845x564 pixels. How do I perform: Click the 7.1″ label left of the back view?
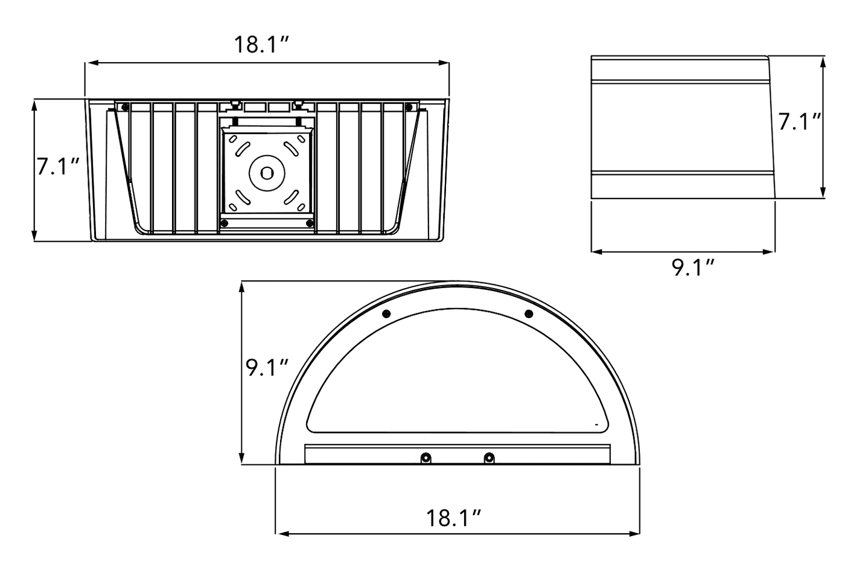(x=59, y=166)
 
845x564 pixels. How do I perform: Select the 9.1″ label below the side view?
(x=694, y=267)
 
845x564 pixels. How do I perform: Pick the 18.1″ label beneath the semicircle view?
(x=454, y=518)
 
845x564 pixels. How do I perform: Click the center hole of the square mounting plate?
(x=266, y=173)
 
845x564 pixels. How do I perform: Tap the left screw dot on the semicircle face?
(x=386, y=313)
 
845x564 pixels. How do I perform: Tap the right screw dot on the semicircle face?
(x=529, y=313)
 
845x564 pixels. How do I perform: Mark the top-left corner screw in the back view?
(x=124, y=107)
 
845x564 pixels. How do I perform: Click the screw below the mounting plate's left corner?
(x=224, y=223)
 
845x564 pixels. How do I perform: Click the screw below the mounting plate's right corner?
(x=310, y=223)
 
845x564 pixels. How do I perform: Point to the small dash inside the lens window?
(x=596, y=425)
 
